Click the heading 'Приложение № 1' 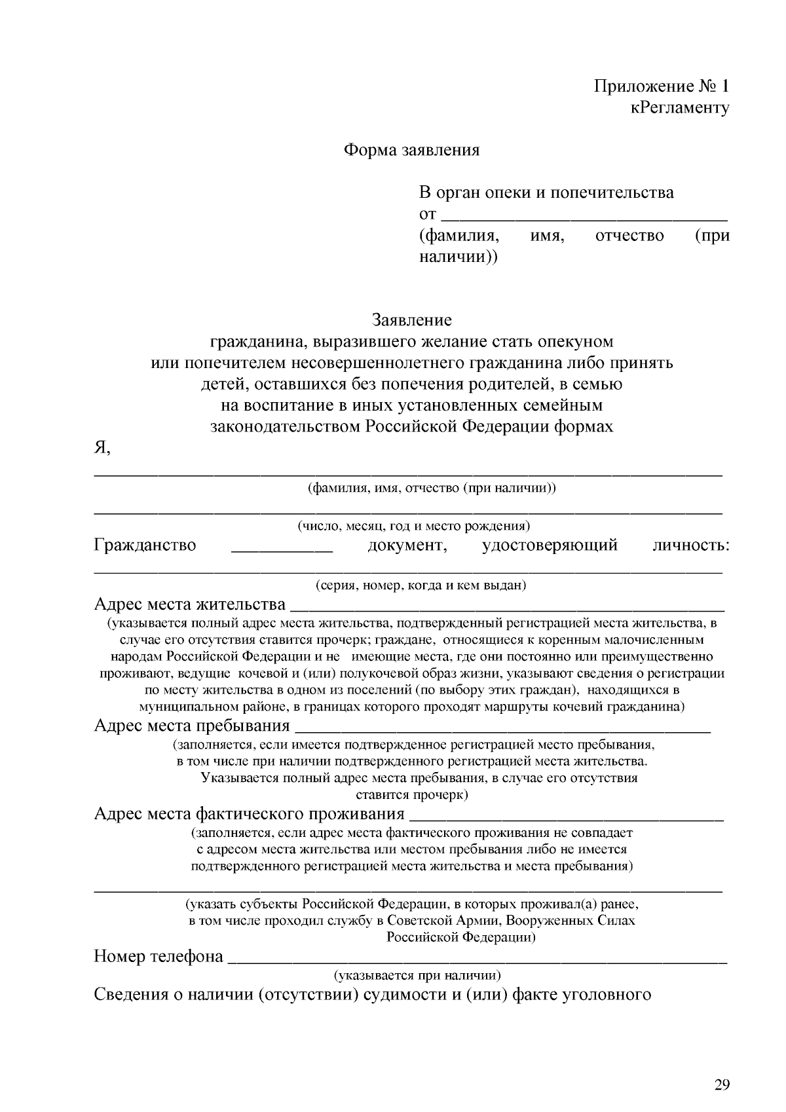click(x=661, y=86)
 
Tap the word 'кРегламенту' click(x=680, y=107)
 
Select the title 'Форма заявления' click(x=412, y=150)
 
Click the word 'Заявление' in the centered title click(x=412, y=320)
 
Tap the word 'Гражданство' click(x=145, y=545)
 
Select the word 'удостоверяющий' click(x=550, y=545)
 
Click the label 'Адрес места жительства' click(x=190, y=603)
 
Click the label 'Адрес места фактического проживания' click(x=249, y=813)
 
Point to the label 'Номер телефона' click(x=159, y=956)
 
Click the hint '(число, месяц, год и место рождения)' click(x=414, y=526)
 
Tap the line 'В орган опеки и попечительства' click(x=546, y=193)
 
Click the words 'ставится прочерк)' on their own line click(x=412, y=795)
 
